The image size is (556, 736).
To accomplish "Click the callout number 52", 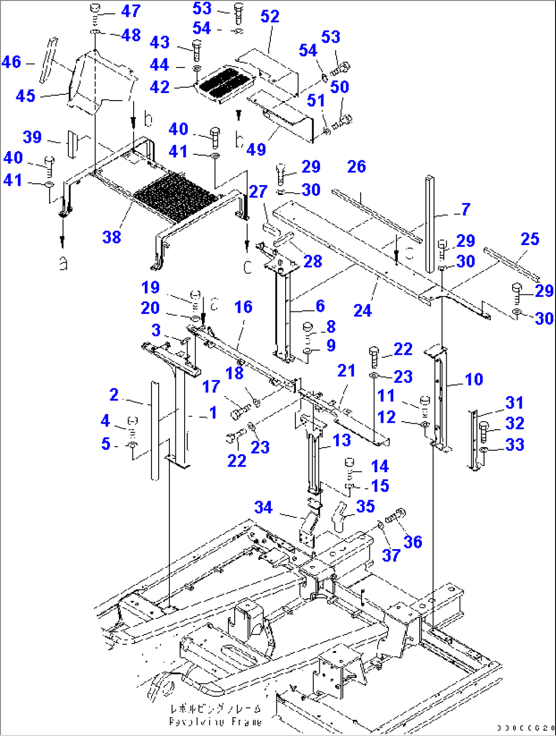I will click(270, 17).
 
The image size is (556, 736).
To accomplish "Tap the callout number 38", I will click(112, 237).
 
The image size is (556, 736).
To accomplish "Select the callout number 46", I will click(11, 62).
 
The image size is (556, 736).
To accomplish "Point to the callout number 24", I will click(362, 310).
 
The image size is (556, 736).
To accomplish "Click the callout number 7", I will click(465, 209).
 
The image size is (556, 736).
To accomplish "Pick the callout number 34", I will click(263, 507).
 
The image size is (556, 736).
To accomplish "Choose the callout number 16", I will click(243, 307).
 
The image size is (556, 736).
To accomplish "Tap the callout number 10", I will click(474, 379).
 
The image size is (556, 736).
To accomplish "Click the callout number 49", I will click(256, 149).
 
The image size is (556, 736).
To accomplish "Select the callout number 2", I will click(114, 395).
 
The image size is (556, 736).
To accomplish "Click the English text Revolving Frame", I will click(215, 722).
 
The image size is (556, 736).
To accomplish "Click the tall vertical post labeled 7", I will click(430, 225).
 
